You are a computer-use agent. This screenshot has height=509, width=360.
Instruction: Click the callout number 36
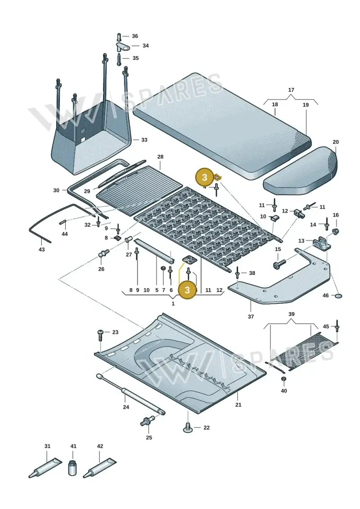[x=135, y=36]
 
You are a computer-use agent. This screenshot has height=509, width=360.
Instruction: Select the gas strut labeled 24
[x=130, y=394]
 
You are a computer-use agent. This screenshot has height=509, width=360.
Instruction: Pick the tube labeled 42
[x=99, y=468]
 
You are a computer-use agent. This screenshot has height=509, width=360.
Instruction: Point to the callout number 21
[x=238, y=405]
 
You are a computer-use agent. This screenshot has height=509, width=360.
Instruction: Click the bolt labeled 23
[x=100, y=335]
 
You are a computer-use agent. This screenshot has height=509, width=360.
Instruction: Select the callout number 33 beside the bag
[x=144, y=140]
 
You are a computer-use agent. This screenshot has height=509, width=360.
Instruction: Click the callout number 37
[x=251, y=316]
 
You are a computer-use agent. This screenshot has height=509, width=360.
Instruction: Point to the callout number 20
[x=336, y=142]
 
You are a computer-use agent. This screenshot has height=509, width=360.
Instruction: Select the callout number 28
[x=160, y=157]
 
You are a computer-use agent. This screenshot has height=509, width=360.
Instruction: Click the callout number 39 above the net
[x=292, y=314]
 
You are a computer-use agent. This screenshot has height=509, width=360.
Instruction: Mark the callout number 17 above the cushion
[x=291, y=90]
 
